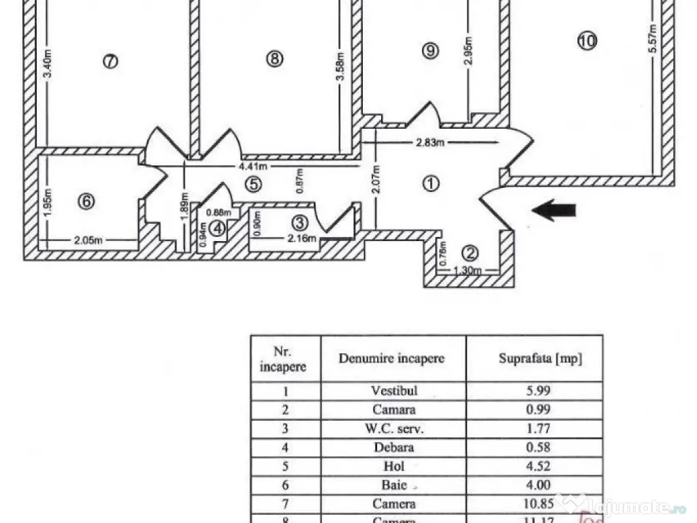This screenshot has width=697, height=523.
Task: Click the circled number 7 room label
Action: point(110,61)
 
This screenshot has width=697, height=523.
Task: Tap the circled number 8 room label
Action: point(274,59)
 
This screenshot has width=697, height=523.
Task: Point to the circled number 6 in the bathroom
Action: point(86,202)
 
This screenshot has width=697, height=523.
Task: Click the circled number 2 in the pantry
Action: point(470,253)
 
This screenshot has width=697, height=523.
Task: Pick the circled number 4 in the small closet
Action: point(217,228)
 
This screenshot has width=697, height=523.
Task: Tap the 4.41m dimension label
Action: point(253,166)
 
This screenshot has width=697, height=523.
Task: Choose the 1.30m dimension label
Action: point(468,271)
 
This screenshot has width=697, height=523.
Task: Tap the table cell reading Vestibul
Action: point(393,391)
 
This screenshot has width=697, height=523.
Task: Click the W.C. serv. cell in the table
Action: point(393,429)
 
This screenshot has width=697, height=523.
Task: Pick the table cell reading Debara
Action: point(393,448)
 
